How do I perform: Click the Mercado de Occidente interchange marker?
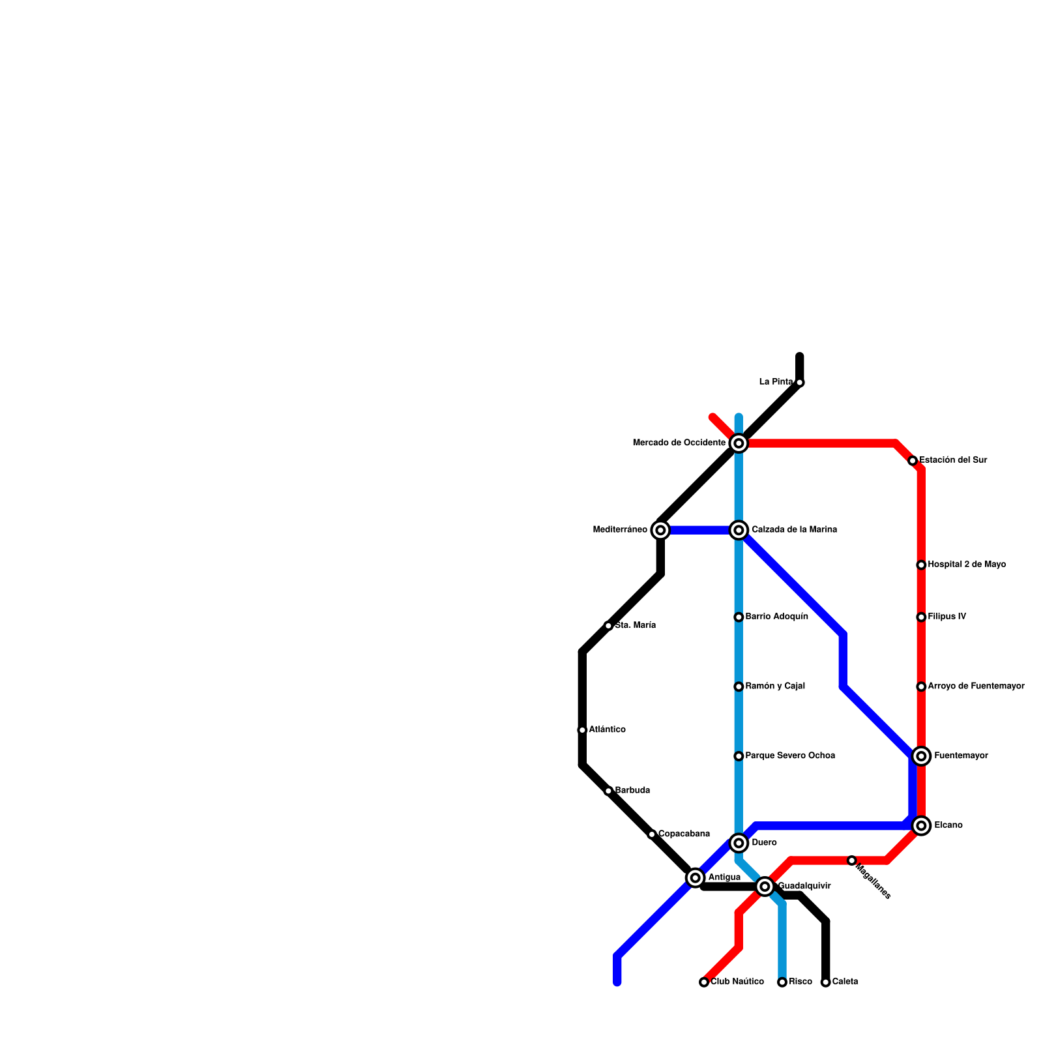tap(739, 443)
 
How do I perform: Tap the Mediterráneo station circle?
tap(660, 530)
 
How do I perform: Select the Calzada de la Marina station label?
tap(794, 530)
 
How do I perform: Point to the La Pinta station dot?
tap(800, 383)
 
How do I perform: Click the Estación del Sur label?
tap(953, 460)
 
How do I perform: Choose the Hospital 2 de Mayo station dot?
tap(921, 565)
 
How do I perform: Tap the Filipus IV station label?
tap(947, 617)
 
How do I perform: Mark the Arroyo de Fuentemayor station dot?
tap(921, 686)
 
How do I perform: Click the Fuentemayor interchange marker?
tap(921, 756)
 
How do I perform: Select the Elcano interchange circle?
tap(921, 826)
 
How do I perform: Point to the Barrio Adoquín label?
tap(776, 617)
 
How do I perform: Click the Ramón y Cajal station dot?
tap(739, 686)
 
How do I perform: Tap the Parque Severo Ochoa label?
tap(790, 756)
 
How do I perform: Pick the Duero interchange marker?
tap(739, 844)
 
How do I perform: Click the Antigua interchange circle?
tap(696, 878)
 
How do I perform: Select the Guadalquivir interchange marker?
tap(765, 887)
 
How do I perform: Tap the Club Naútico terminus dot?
tap(704, 982)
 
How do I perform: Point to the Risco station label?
tap(801, 982)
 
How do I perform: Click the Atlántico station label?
tap(607, 730)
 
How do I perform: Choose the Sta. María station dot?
tap(608, 626)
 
